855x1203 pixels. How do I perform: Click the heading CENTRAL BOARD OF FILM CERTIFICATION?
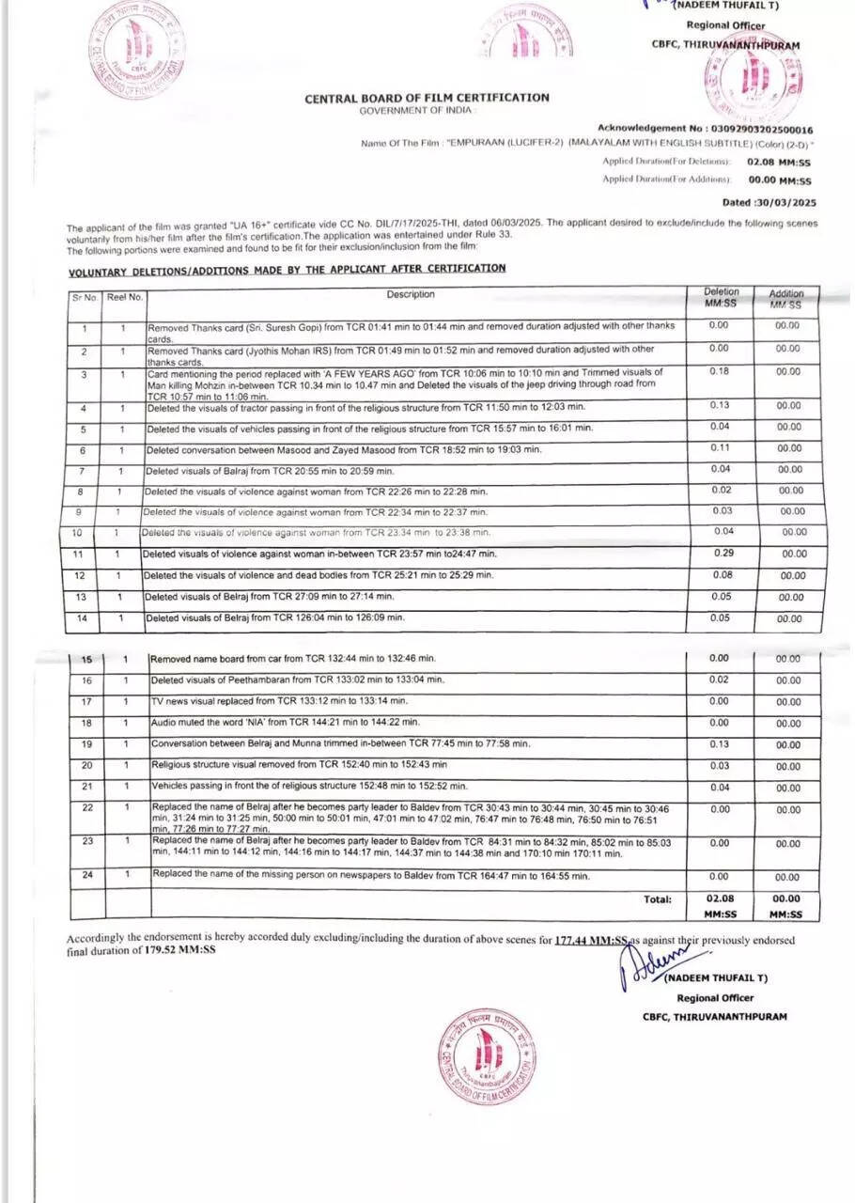(427, 98)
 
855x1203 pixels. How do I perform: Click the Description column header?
(411, 295)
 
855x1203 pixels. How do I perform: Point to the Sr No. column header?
(85, 297)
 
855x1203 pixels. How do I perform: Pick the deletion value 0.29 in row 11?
(722, 554)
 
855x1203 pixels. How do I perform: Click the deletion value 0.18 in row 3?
(719, 372)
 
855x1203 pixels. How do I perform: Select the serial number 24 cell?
(87, 874)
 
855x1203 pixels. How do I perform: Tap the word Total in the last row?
(657, 899)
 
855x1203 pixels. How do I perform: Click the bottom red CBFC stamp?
(487, 1055)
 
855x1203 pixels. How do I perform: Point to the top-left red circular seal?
(136, 52)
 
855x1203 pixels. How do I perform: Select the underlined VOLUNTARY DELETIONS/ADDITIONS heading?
(287, 269)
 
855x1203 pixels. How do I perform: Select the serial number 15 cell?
(87, 659)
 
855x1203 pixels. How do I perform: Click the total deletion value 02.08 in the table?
(720, 899)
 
